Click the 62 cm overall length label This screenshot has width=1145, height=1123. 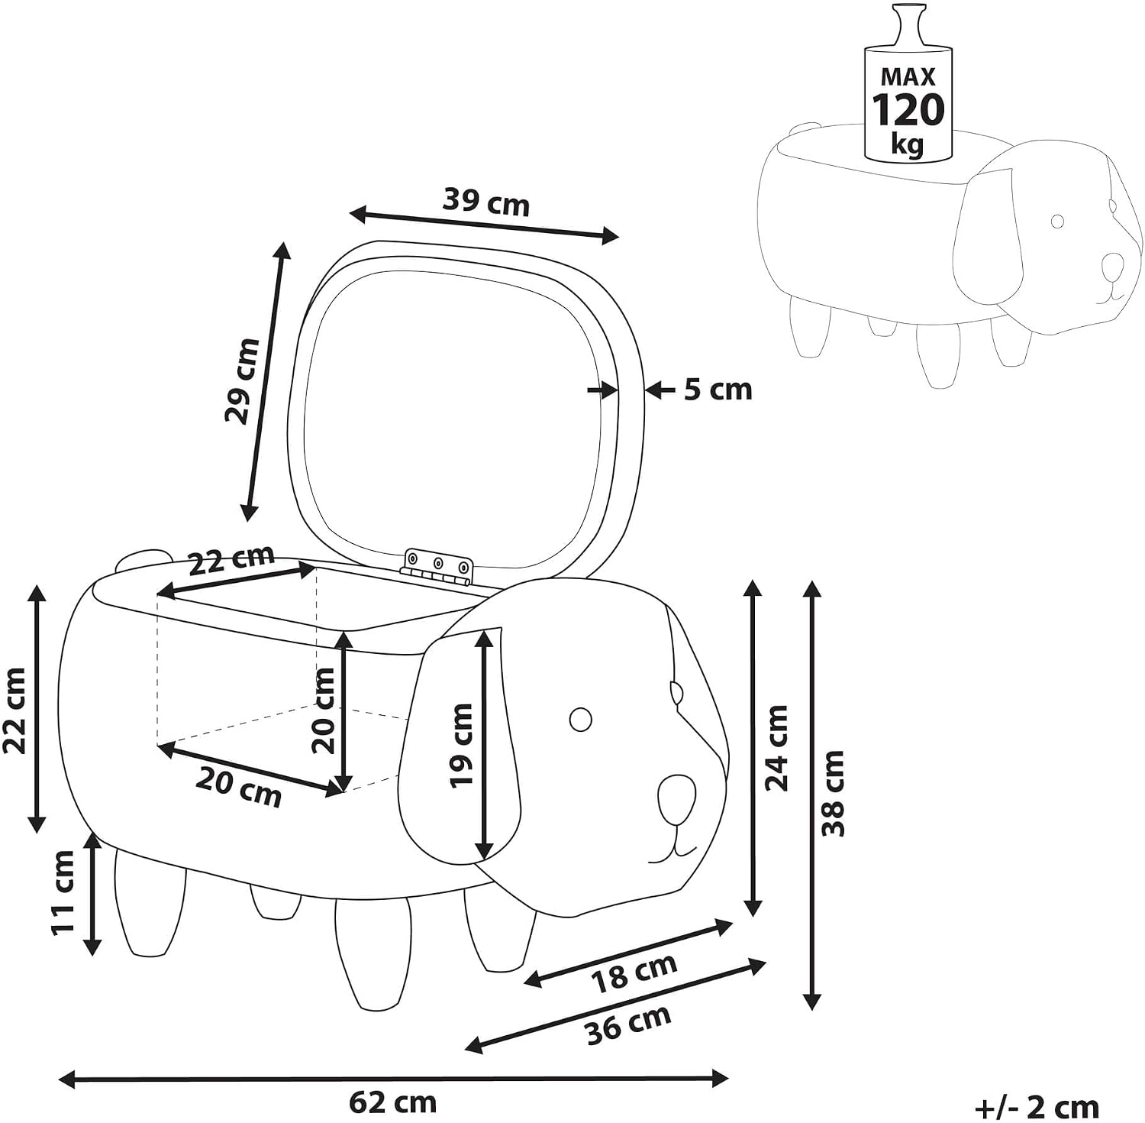(x=393, y=1102)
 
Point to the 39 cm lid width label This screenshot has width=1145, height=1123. (x=485, y=202)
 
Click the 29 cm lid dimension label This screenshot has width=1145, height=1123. (x=242, y=380)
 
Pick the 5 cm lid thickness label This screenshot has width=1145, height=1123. (x=718, y=390)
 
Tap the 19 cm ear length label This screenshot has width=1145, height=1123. (x=461, y=745)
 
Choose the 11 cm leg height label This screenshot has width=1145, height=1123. (x=63, y=892)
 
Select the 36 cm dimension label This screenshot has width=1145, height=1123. (x=628, y=1024)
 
